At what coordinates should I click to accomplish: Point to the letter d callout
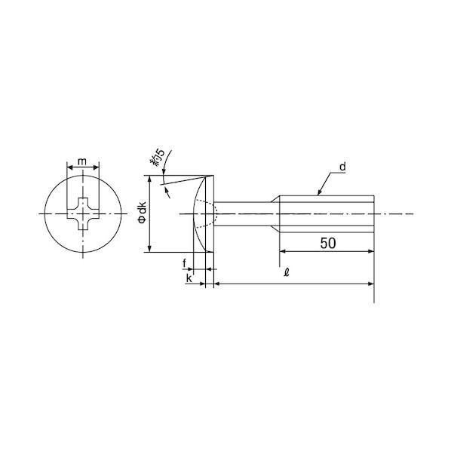[342, 166]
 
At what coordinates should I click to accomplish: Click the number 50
[327, 243]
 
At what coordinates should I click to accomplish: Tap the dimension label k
[188, 278]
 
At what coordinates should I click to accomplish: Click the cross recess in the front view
[81, 214]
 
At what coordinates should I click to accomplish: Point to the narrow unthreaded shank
[245, 214]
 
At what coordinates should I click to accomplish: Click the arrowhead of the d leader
[322, 192]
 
